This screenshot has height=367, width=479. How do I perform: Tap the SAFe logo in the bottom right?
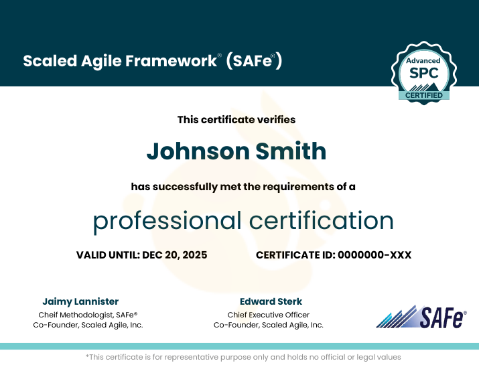[x=421, y=316]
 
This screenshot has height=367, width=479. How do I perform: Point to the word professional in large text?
[x=167, y=221]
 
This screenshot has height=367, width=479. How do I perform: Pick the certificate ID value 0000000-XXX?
[x=374, y=255]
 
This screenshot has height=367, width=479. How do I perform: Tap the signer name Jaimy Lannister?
[x=80, y=301]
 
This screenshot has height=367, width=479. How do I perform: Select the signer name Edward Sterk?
[x=271, y=301]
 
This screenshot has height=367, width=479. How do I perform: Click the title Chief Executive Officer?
[x=268, y=315]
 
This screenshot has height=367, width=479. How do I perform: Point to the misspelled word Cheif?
[x=49, y=315]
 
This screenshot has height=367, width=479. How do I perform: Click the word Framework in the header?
[x=178, y=61]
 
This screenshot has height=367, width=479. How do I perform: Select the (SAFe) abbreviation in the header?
[x=254, y=61]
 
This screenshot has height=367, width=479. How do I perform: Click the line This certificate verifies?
[x=236, y=120]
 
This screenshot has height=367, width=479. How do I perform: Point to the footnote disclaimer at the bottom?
[x=243, y=358]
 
